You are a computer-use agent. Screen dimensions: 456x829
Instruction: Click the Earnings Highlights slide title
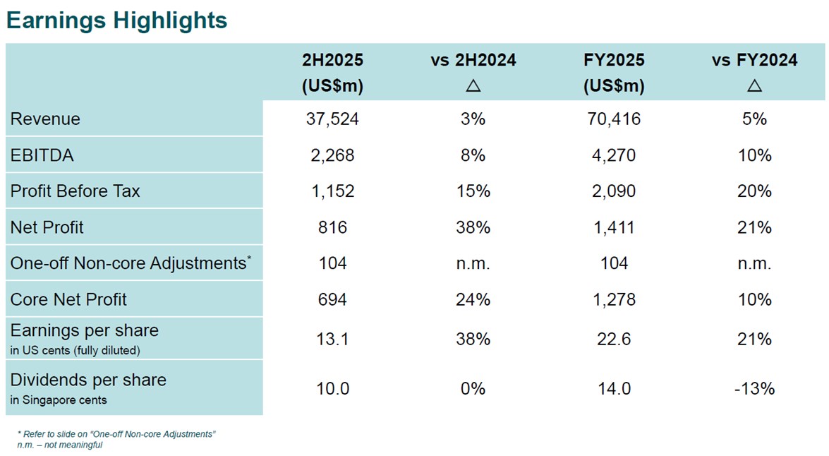(x=116, y=20)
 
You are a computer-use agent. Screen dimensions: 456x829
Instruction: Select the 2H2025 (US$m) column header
(x=332, y=73)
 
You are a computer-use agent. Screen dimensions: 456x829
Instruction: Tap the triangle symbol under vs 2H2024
(x=473, y=86)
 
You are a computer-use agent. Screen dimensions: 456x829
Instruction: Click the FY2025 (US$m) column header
(x=614, y=73)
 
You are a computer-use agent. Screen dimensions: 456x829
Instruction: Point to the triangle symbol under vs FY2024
(x=754, y=86)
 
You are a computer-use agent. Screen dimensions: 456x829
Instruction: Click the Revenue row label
(x=45, y=119)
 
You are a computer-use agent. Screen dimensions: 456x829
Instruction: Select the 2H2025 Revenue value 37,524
(x=332, y=119)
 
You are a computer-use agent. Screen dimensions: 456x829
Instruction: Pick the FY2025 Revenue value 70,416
(x=614, y=119)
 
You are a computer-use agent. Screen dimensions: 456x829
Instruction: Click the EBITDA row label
(x=42, y=155)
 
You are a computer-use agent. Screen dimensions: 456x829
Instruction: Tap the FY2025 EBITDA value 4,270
(x=614, y=155)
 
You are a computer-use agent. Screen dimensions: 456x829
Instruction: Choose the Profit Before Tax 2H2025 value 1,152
(x=332, y=191)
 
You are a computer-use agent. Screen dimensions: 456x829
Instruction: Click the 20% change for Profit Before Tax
(x=754, y=191)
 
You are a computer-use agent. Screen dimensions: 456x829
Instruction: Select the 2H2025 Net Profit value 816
(x=332, y=227)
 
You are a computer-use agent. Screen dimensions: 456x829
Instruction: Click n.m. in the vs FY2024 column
(x=754, y=263)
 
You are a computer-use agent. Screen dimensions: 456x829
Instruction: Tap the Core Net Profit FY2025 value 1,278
(x=614, y=299)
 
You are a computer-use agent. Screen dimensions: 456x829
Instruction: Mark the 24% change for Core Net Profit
(x=473, y=299)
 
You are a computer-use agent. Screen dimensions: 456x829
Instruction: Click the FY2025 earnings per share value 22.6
(x=614, y=340)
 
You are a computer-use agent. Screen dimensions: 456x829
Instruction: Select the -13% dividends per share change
(x=754, y=388)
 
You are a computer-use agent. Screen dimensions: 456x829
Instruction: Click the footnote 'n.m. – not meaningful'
(x=60, y=445)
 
